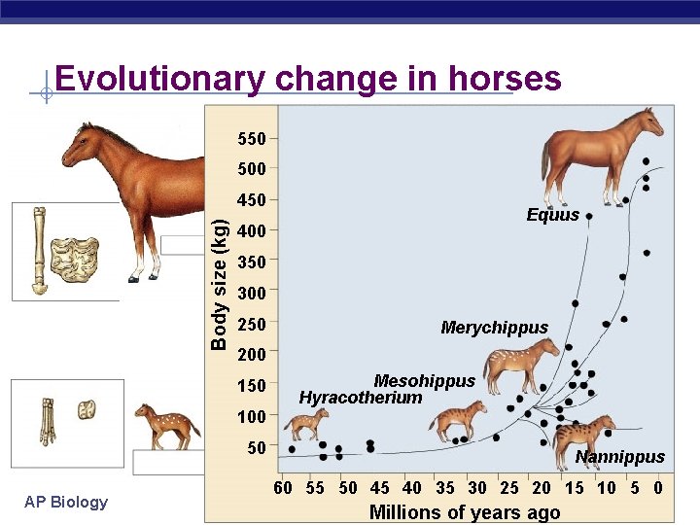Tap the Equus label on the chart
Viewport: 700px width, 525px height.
point(552,215)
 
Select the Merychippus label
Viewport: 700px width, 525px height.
point(494,328)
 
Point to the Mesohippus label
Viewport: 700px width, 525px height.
point(425,381)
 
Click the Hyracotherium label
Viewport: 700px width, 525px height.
point(361,397)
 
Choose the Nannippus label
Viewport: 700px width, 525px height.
point(619,457)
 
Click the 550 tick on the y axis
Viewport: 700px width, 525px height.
point(252,138)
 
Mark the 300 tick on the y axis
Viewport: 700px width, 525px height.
point(252,293)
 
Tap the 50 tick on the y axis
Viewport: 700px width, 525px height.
point(257,448)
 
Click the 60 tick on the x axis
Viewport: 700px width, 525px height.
point(283,488)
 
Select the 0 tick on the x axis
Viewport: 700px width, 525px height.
point(658,488)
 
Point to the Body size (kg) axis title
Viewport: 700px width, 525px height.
point(220,283)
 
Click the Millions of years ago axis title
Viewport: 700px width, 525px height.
point(465,512)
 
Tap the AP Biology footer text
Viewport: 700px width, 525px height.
point(66,502)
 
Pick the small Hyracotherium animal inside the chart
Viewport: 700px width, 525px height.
point(305,424)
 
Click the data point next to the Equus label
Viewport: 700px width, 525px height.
point(588,217)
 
